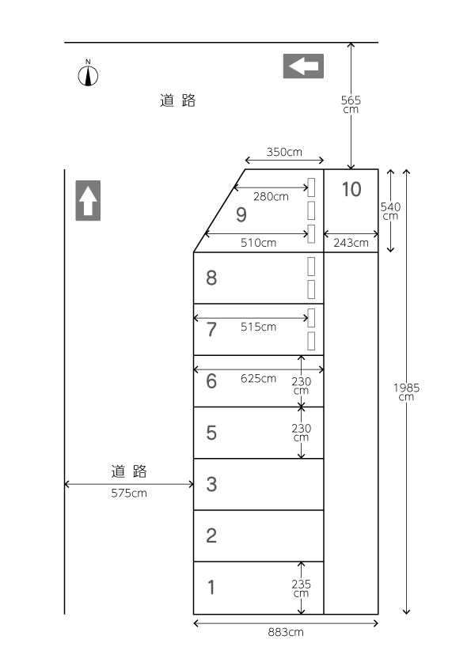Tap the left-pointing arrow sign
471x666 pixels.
(303, 66)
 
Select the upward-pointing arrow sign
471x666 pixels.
(88, 200)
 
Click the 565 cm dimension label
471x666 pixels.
(351, 104)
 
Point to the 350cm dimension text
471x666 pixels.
(284, 152)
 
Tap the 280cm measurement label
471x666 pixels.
(271, 196)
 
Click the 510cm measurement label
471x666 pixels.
(258, 243)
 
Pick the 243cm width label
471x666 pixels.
(351, 243)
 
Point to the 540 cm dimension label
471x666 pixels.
(390, 210)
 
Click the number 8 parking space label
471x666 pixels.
(211, 278)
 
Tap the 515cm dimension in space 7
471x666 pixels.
(258, 327)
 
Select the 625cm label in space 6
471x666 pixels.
(258, 378)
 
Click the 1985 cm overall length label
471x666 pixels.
(406, 392)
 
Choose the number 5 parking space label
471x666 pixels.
(211, 433)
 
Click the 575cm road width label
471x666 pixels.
(129, 493)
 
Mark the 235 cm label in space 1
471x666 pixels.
(301, 588)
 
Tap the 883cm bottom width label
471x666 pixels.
(286, 632)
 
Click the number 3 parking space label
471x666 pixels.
(211, 484)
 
